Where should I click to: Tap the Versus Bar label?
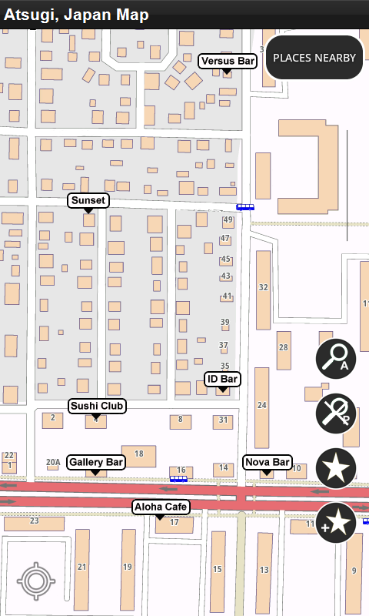227,61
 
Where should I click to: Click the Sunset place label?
88,200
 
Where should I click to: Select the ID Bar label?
222,379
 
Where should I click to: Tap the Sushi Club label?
97,406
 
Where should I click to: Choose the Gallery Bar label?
96,462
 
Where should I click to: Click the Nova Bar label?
267,462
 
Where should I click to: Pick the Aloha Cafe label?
161,507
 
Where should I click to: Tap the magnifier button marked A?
336,359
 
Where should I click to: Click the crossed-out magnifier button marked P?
336,413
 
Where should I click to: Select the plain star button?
336,467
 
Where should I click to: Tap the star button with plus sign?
336,522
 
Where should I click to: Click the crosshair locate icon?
35,581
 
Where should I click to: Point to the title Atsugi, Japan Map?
77,15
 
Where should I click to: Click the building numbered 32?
263,287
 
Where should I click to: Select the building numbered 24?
262,404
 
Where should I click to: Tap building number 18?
139,454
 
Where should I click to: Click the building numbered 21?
82,566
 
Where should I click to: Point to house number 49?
228,220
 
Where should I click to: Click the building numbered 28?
284,347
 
